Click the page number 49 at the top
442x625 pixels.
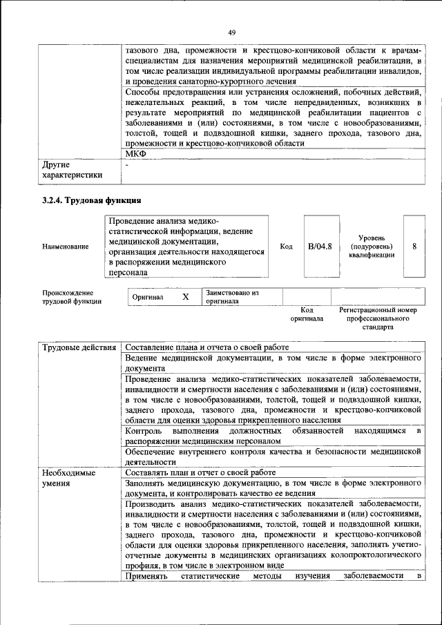[232, 32]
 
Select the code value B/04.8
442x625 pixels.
[320, 246]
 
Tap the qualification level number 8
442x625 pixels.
[414, 246]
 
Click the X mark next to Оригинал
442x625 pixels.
[185, 297]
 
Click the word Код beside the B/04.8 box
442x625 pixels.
[287, 247]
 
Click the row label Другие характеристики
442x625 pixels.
[72, 170]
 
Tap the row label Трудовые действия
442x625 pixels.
[79, 347]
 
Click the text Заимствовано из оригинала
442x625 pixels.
[231, 297]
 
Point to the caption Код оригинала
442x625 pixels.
[307, 315]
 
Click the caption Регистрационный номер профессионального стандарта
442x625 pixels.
[378, 319]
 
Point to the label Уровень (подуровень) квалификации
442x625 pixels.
[372, 246]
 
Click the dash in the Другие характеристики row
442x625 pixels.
[127, 165]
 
